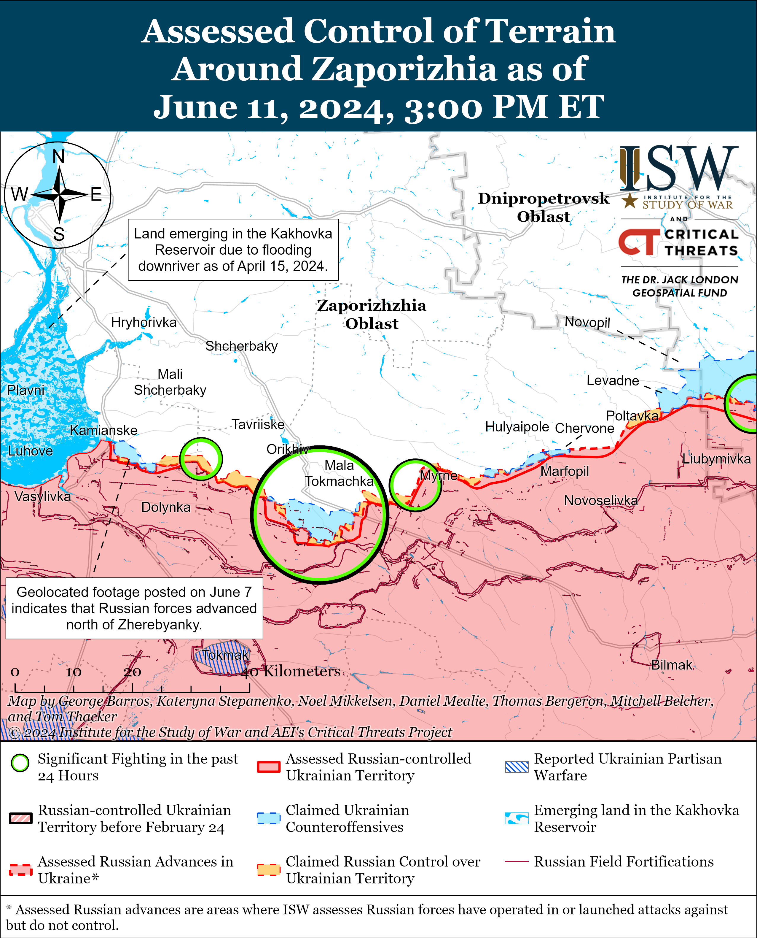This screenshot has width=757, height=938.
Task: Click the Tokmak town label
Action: coord(225,655)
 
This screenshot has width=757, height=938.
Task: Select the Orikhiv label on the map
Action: coord(287,449)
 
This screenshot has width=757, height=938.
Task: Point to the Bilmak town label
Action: coord(672,665)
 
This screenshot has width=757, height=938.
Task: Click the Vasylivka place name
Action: coord(42,496)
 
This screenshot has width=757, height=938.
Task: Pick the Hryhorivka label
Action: coord(144,323)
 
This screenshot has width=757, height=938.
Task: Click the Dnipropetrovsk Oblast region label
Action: coord(543,207)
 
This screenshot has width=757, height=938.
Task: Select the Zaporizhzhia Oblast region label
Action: coord(372,314)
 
